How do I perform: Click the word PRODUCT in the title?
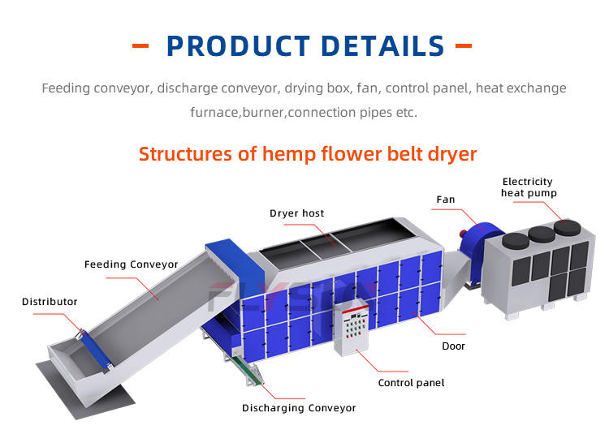tap(236, 46)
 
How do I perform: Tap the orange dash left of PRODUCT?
tap(140, 46)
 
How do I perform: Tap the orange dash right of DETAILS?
tap(464, 46)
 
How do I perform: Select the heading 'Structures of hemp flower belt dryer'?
tap(307, 153)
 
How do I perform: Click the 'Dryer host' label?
tap(296, 213)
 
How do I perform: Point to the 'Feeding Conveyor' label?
tap(131, 264)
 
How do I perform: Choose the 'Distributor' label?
tap(50, 302)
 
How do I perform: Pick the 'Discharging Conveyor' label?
tap(299, 408)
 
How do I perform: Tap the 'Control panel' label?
tap(411, 382)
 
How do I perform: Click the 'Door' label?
tap(453, 346)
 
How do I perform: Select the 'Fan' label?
tap(446, 199)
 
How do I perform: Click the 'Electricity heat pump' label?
tap(529, 187)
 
